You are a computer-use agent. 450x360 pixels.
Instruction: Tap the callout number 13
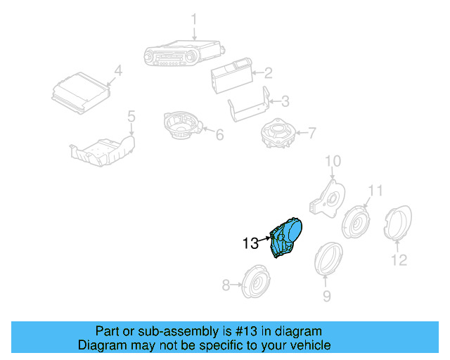click(x=250, y=244)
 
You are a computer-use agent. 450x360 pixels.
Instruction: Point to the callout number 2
click(x=268, y=72)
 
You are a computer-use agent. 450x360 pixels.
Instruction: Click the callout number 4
click(x=117, y=70)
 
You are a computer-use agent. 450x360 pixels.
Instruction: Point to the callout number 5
click(x=131, y=115)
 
